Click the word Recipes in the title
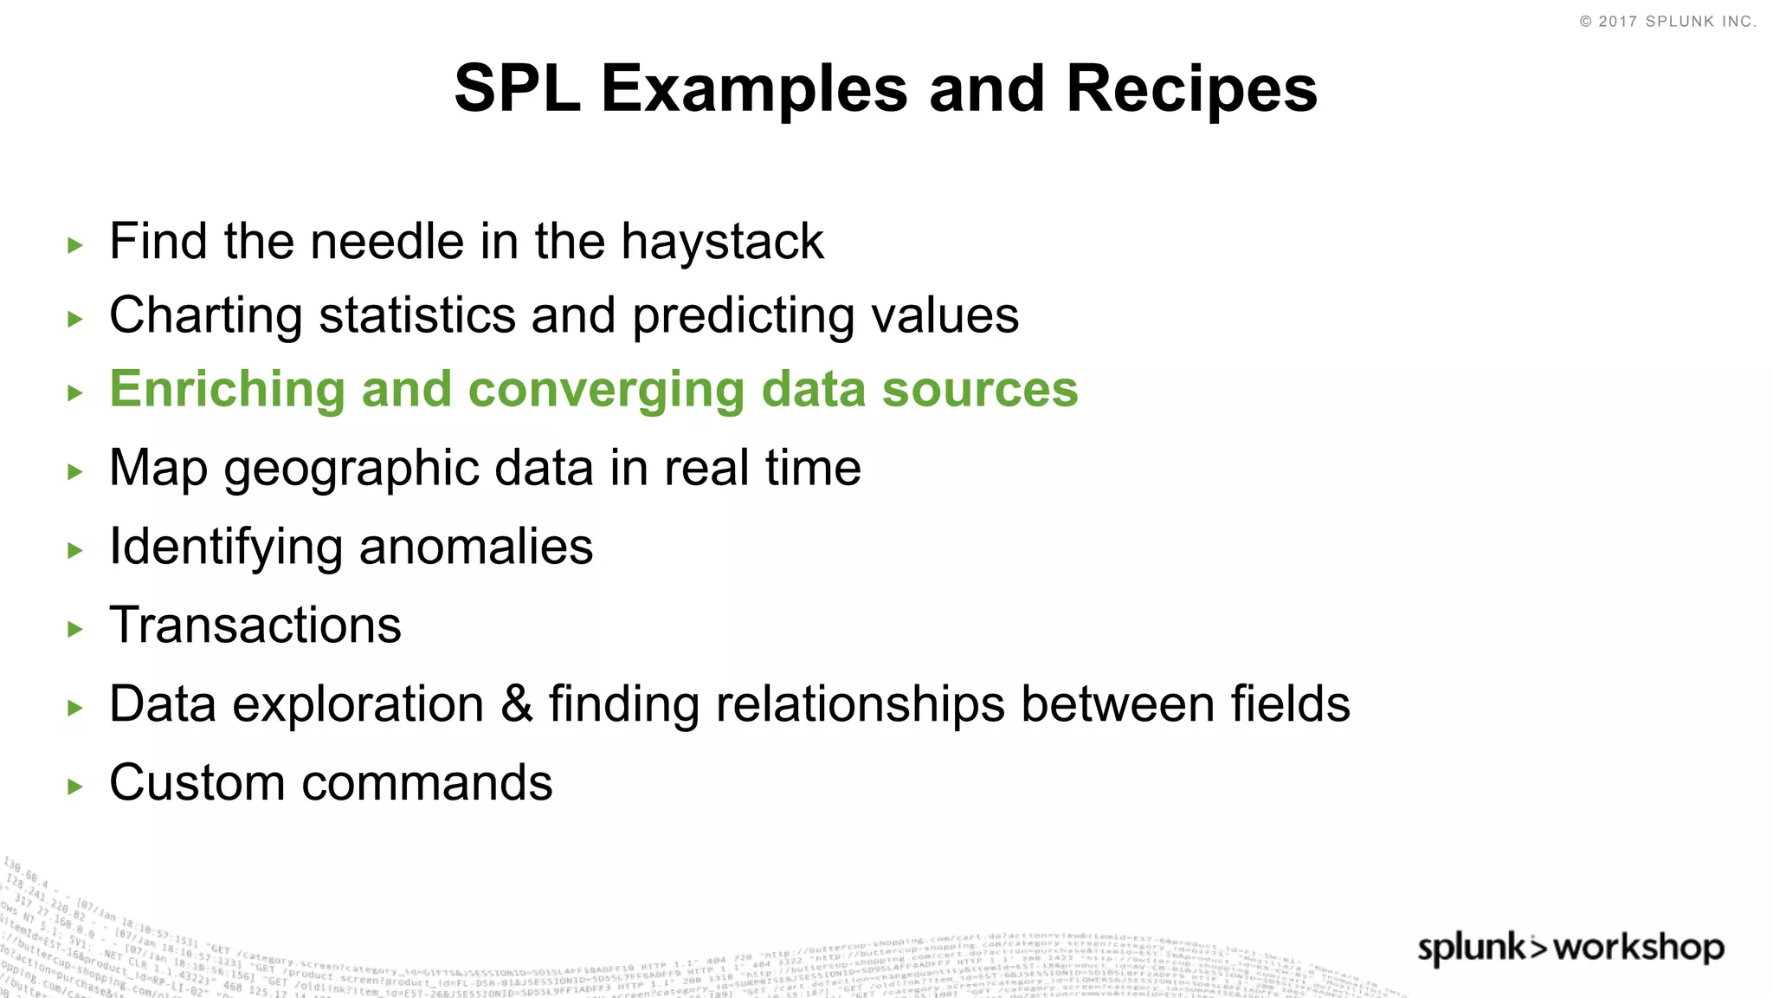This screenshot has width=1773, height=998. (x=1191, y=88)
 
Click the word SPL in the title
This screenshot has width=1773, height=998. (x=517, y=88)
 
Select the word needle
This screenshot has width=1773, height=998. (x=387, y=242)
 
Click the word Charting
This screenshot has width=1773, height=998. (x=206, y=316)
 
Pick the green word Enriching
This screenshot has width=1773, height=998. (x=227, y=390)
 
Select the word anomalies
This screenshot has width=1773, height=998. (x=475, y=547)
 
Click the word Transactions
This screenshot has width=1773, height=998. (x=255, y=625)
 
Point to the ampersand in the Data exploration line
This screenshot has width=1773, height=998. (x=516, y=703)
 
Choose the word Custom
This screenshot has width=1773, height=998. (x=197, y=782)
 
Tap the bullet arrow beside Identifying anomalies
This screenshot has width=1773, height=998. (x=75, y=550)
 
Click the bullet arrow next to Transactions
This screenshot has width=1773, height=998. (x=75, y=629)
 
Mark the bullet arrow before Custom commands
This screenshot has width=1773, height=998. (x=75, y=787)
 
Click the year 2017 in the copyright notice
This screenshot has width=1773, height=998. (x=1617, y=22)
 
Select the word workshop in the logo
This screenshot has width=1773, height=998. (x=1639, y=948)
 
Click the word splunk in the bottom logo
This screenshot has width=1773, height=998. (x=1472, y=949)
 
